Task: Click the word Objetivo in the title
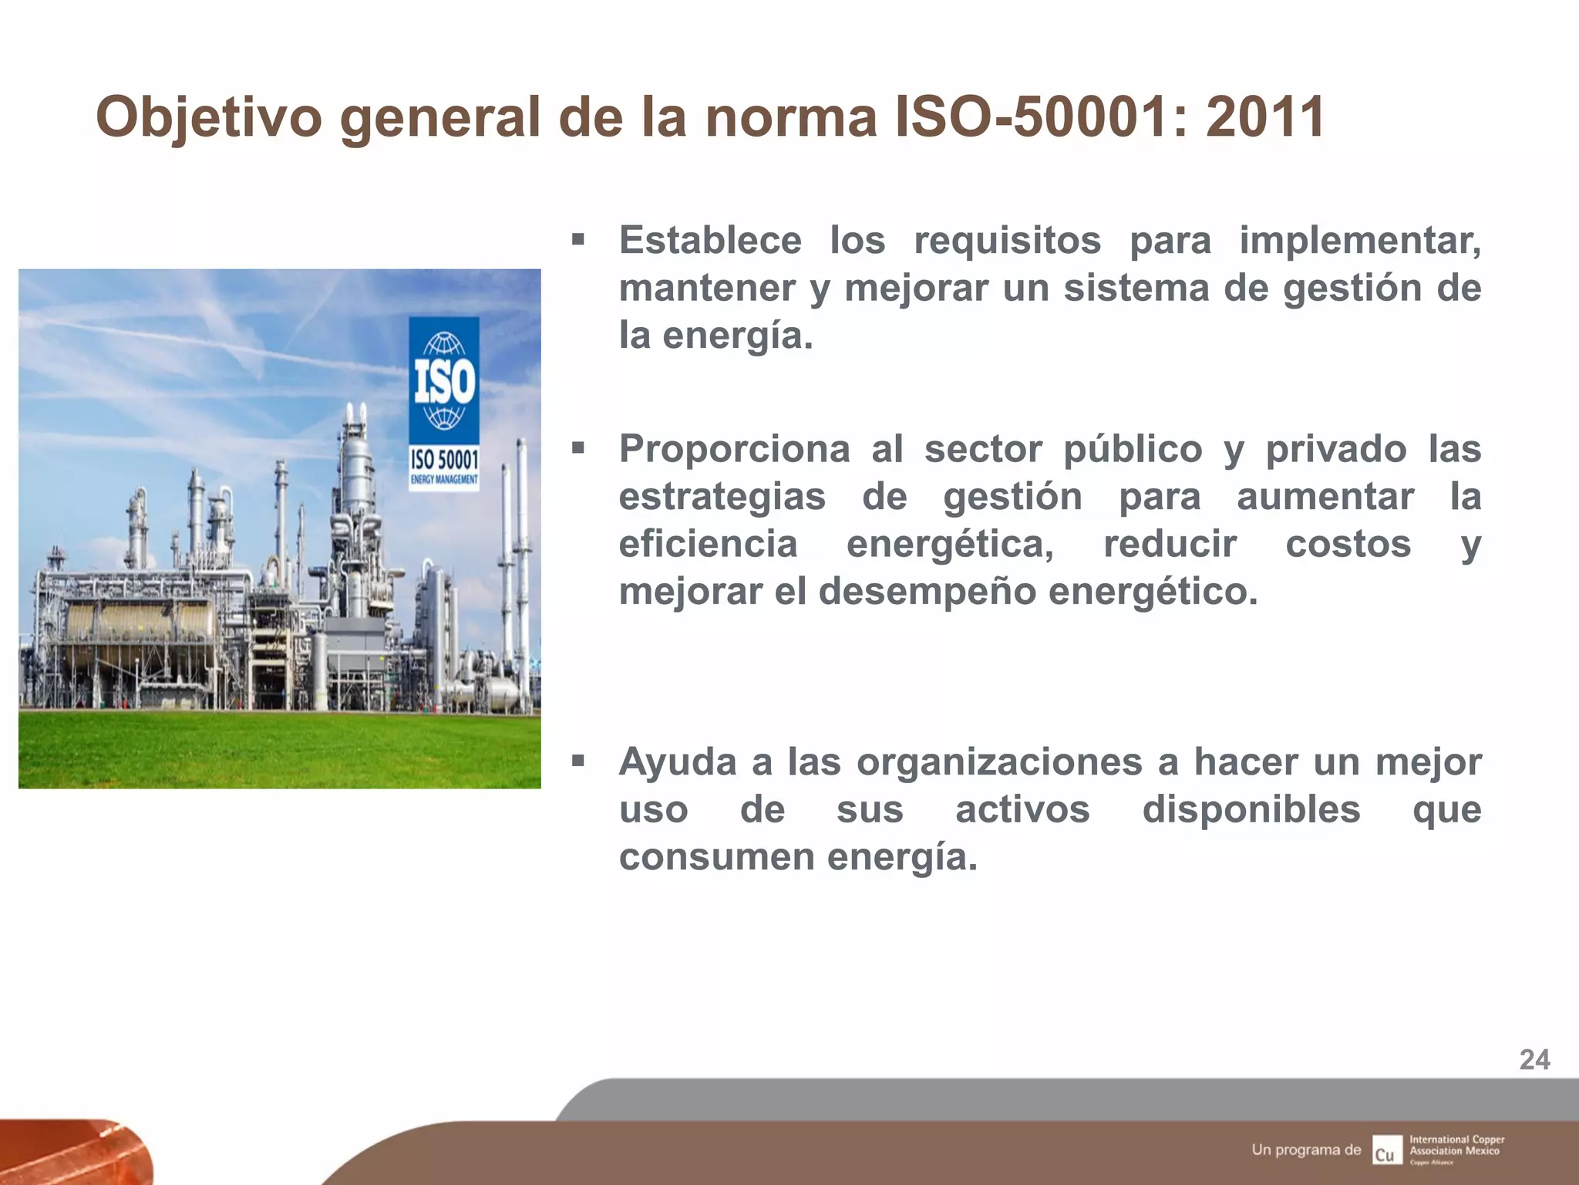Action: (208, 117)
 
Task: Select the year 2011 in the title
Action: (1264, 117)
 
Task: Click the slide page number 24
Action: (1534, 1060)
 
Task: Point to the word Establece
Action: (710, 240)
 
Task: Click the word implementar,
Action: (1360, 240)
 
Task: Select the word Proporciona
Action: (734, 449)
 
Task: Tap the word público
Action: (1133, 449)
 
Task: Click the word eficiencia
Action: (708, 544)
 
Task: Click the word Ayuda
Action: (678, 762)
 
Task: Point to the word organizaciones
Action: (999, 762)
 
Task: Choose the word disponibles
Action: (1251, 810)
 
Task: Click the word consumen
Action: (715, 857)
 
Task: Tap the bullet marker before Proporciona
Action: (578, 448)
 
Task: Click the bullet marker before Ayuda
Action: (578, 761)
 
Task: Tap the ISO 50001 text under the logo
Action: (443, 460)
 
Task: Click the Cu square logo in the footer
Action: (1386, 1150)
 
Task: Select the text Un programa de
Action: (1306, 1150)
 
